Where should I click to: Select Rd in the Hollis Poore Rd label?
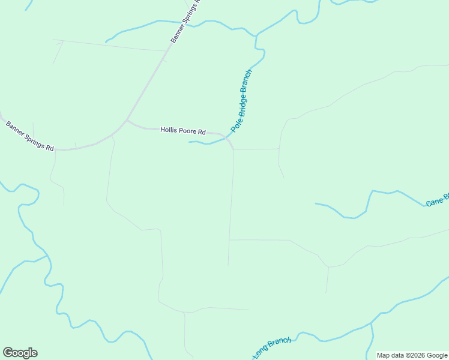click(x=202, y=131)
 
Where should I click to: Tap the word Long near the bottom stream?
click(x=259, y=353)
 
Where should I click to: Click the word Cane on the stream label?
click(x=435, y=201)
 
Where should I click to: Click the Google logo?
click(x=20, y=353)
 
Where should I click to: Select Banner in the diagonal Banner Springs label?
click(x=176, y=35)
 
